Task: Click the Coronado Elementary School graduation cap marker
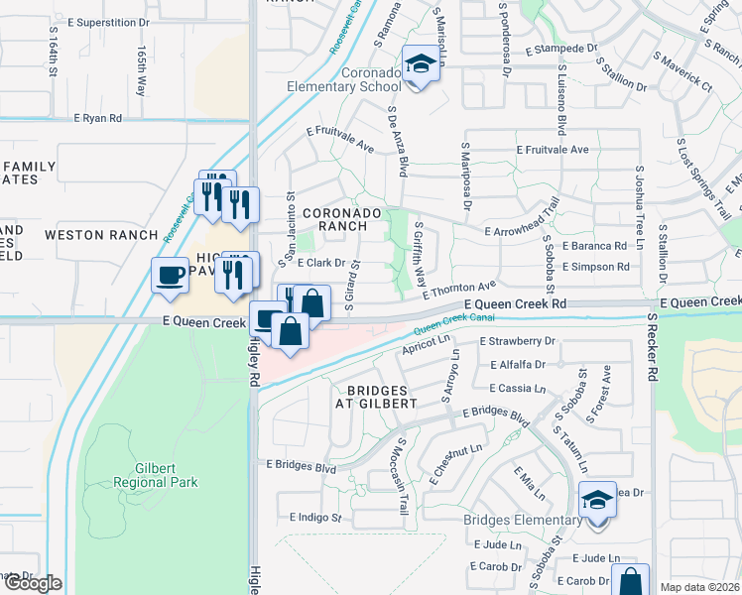420,64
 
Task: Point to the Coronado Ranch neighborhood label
341,219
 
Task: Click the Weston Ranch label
101,235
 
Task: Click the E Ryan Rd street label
97,118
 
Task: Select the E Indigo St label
315,518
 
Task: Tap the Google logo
33,583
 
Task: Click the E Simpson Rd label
595,267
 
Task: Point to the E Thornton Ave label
457,289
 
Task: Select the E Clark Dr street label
320,263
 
